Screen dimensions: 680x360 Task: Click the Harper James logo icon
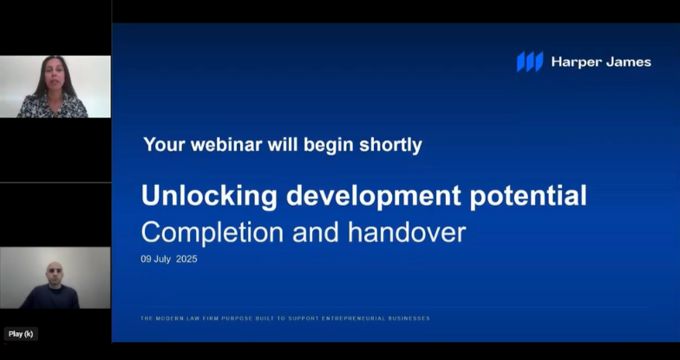click(530, 62)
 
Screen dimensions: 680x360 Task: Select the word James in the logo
click(628, 62)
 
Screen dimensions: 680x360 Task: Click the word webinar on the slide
click(226, 144)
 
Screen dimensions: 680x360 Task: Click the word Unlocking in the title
click(209, 196)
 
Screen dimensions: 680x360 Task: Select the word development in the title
click(373, 196)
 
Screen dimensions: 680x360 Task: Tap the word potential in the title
click(528, 196)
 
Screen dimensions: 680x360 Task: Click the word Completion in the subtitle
click(212, 232)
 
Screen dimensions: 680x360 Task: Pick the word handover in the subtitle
click(407, 232)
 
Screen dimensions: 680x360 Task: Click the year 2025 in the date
click(186, 259)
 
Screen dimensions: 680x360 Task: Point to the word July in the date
click(162, 259)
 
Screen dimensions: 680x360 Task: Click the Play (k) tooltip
click(21, 334)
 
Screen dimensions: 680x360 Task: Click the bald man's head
click(54, 272)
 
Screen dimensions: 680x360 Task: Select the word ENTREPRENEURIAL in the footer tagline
click(353, 318)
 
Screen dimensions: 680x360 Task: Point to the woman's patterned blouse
click(52, 107)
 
